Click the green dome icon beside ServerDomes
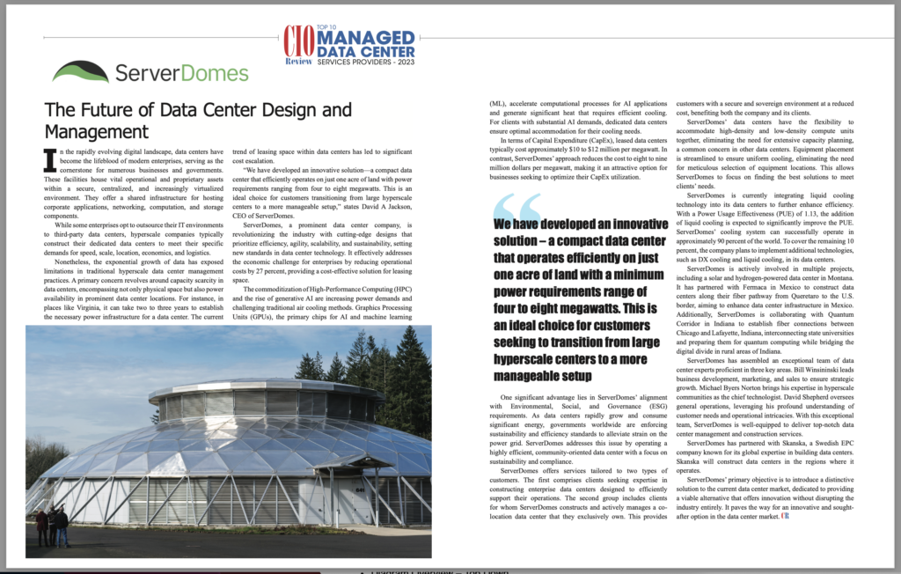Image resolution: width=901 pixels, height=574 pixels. click(x=81, y=70)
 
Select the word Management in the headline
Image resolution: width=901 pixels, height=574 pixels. click(x=97, y=132)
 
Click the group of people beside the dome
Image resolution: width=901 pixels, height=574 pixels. click(x=51, y=526)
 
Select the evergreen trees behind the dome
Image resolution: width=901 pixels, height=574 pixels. click(x=387, y=370)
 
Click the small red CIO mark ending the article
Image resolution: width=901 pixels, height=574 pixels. click(x=786, y=517)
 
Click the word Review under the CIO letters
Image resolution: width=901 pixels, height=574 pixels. click(x=298, y=61)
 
